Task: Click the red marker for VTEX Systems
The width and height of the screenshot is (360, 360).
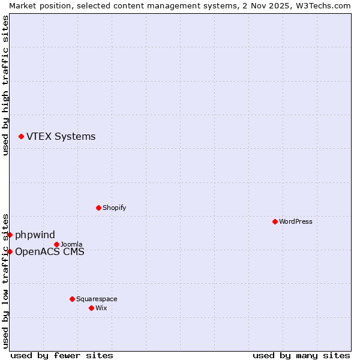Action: pos(22,137)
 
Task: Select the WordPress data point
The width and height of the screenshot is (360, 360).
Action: pos(275,222)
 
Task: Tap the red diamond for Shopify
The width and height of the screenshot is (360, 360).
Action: pos(99,208)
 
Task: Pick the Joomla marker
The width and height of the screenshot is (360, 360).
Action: pos(57,245)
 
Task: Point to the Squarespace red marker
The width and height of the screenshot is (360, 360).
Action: pos(73,299)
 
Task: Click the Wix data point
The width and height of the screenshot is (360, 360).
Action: pos(92,308)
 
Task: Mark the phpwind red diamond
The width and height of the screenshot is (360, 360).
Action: pos(10,235)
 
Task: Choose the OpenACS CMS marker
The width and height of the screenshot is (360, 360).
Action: pos(10,252)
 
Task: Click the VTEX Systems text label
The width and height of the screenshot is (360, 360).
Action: pos(61,137)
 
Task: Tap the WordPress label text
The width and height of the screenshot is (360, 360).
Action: pos(296,222)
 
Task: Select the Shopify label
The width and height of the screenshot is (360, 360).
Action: pos(114,208)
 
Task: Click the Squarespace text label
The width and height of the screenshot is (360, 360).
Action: pos(97,299)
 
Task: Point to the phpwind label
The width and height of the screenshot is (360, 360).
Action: pos(35,235)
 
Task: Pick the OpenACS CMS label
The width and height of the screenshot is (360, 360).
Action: pos(50,252)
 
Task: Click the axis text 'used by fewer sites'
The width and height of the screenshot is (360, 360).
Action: pos(62,356)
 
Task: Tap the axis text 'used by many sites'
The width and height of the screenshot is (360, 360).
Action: pos(301,356)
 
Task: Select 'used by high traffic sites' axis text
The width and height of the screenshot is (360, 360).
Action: pos(5,85)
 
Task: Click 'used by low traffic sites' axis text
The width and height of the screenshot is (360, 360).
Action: pos(5,280)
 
